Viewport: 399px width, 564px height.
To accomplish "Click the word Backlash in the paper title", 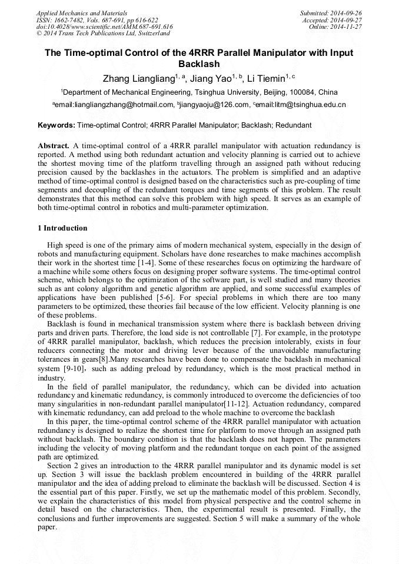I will (199, 64).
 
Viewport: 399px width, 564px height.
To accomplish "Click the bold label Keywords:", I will (56, 125).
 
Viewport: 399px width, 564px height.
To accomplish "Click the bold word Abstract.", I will (54, 145).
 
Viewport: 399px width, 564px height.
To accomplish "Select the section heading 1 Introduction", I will (62, 228).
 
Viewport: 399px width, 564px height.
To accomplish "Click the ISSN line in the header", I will (97, 19).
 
